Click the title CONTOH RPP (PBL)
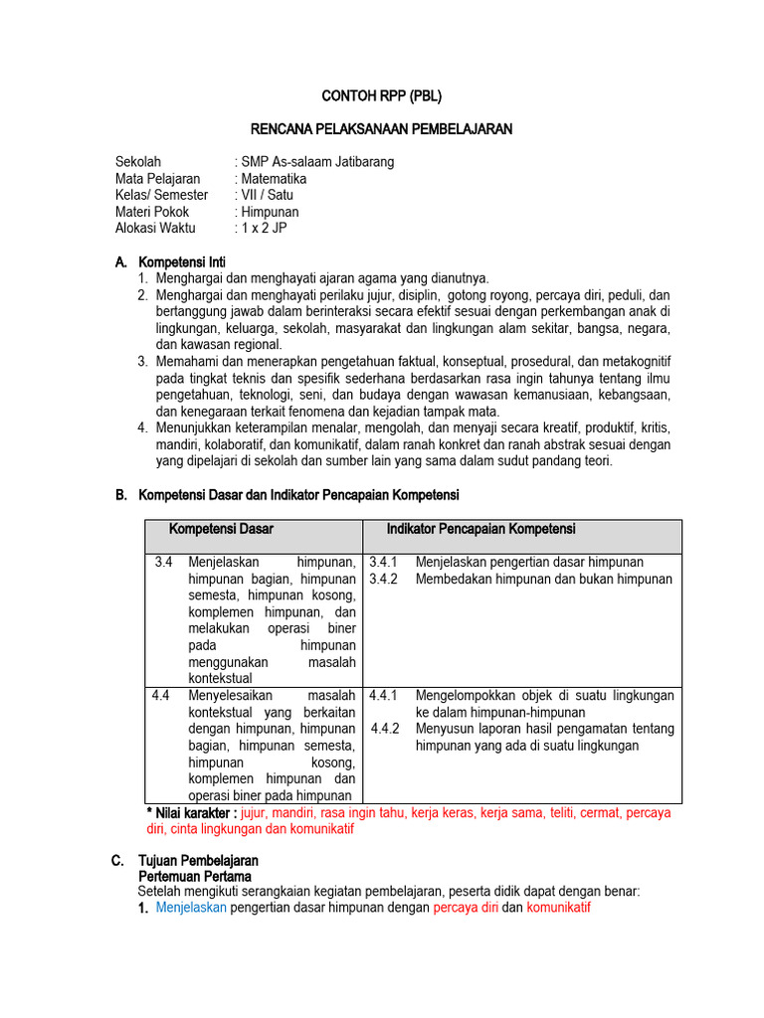point(381,96)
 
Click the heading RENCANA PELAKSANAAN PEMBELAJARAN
point(381,129)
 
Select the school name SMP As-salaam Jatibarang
point(314,162)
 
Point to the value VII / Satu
point(264,195)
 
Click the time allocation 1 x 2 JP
point(262,228)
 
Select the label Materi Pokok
point(152,212)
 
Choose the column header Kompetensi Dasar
point(221,530)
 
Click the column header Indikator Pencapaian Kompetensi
point(480,530)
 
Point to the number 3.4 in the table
point(164,563)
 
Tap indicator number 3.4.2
point(383,579)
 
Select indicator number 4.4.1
point(383,696)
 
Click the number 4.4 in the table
point(161,696)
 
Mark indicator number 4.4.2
point(385,729)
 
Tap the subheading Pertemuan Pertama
point(194,877)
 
